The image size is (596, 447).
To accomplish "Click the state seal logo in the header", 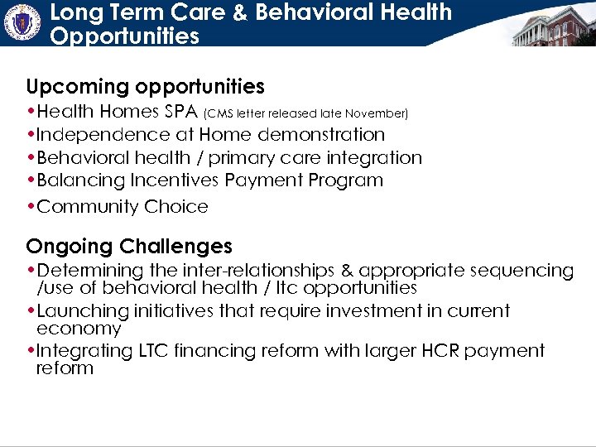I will pos(22,22).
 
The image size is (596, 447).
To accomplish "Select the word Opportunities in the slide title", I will pos(124,36).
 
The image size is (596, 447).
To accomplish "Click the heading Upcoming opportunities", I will pos(145,87).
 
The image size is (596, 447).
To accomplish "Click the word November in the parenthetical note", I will pos(377,113).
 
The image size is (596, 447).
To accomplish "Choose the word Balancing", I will pos(80,180).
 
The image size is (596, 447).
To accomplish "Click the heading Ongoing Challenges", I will pos(129,247).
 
